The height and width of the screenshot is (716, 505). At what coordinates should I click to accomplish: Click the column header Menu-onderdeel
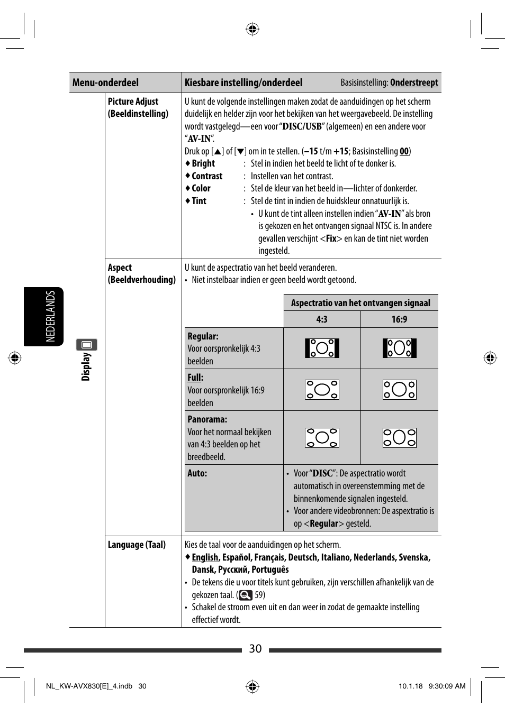pos(105,82)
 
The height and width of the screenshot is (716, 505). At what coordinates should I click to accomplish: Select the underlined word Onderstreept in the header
pos(414,82)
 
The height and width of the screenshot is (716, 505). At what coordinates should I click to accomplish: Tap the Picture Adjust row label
pos(133,102)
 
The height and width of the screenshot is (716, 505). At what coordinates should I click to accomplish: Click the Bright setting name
pos(203,163)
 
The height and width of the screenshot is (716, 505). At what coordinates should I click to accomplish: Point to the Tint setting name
pos(199,201)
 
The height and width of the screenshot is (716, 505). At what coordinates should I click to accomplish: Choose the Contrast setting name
pos(207,176)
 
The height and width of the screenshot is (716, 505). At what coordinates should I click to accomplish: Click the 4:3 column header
pos(322,319)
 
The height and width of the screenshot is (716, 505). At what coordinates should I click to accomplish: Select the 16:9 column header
pos(399,319)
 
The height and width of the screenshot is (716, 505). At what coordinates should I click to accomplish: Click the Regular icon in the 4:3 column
pos(322,348)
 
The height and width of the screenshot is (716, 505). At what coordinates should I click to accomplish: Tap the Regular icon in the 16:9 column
pos(399,348)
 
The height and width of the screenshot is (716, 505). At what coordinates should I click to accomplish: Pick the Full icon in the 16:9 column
pos(399,390)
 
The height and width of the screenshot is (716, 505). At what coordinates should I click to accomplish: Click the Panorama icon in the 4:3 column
pos(322,438)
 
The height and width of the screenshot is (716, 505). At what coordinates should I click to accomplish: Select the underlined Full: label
pos(195,378)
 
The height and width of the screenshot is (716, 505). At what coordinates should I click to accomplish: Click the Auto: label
pos(197,473)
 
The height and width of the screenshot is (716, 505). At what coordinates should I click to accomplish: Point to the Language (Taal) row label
pos(137,545)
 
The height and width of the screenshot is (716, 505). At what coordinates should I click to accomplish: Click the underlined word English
pos(205,557)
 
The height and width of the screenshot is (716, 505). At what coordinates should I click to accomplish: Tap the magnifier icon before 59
pos(246,595)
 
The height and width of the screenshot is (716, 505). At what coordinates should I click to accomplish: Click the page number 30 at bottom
pos(255,649)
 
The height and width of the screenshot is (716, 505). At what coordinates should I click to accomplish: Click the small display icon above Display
pos(86,345)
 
